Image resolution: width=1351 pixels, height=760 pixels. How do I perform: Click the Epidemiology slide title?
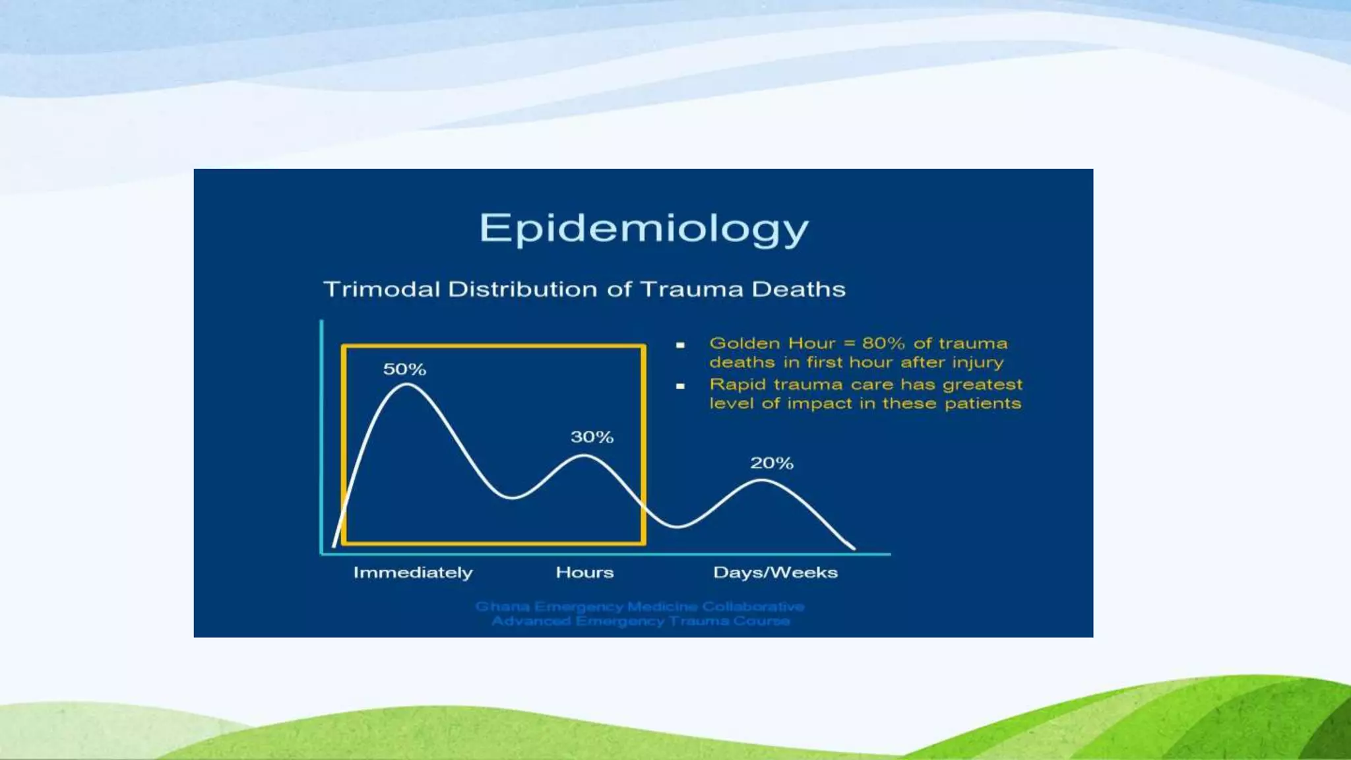(x=643, y=229)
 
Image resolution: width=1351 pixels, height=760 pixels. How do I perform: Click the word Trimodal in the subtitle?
(x=381, y=289)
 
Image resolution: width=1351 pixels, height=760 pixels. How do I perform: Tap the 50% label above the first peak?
(x=404, y=369)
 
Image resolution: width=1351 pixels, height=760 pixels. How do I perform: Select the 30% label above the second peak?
(x=592, y=437)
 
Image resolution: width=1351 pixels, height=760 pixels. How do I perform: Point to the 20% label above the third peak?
(x=771, y=463)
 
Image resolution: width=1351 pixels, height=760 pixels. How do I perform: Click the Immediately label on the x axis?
(x=413, y=572)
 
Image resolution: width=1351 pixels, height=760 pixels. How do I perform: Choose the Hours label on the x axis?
(x=584, y=572)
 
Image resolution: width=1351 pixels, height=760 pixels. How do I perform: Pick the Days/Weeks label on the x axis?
(x=775, y=572)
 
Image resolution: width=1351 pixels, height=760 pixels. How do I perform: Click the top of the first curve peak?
(x=406, y=385)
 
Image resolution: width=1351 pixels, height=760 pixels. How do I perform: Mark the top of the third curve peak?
(x=762, y=481)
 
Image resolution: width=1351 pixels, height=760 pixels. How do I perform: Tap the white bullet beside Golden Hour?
(x=680, y=344)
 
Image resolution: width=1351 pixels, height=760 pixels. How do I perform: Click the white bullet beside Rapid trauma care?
(x=680, y=386)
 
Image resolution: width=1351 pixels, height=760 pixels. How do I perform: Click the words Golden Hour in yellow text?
(x=772, y=343)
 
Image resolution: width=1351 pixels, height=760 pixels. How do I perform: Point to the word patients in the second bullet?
(x=982, y=403)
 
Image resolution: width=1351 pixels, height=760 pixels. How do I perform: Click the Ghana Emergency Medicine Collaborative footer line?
(x=639, y=606)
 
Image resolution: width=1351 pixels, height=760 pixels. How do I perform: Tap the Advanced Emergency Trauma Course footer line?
(x=640, y=621)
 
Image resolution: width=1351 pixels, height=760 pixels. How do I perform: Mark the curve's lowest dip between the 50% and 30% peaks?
(x=513, y=497)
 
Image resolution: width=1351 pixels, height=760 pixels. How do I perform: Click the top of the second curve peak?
(x=584, y=456)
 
